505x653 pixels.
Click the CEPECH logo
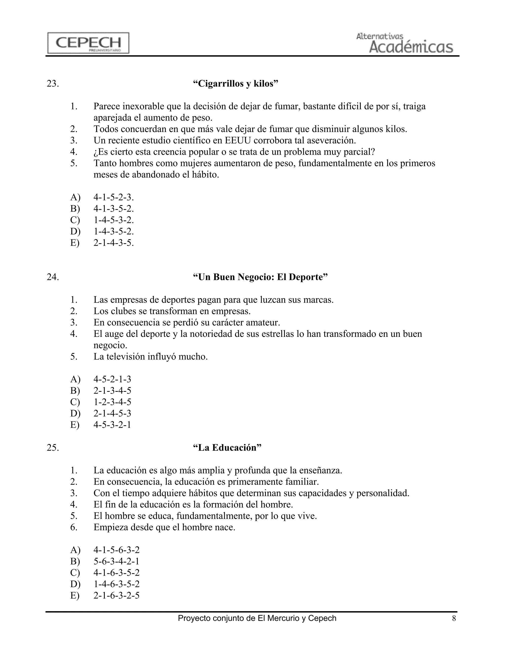click(x=88, y=43)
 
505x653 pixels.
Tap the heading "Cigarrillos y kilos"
click(x=235, y=84)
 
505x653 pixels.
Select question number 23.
click(x=53, y=84)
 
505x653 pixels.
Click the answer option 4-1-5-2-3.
click(x=113, y=197)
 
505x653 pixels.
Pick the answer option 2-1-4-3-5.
click(x=113, y=243)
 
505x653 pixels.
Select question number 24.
click(x=53, y=277)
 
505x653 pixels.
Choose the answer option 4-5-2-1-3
click(x=112, y=379)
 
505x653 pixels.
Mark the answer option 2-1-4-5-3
click(x=112, y=413)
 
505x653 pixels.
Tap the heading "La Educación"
click(x=227, y=447)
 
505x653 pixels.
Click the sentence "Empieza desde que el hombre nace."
click(x=164, y=527)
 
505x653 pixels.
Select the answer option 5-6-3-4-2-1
click(x=116, y=561)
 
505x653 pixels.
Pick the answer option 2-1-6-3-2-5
click(x=116, y=595)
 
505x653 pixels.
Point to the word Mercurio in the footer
click(x=285, y=618)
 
